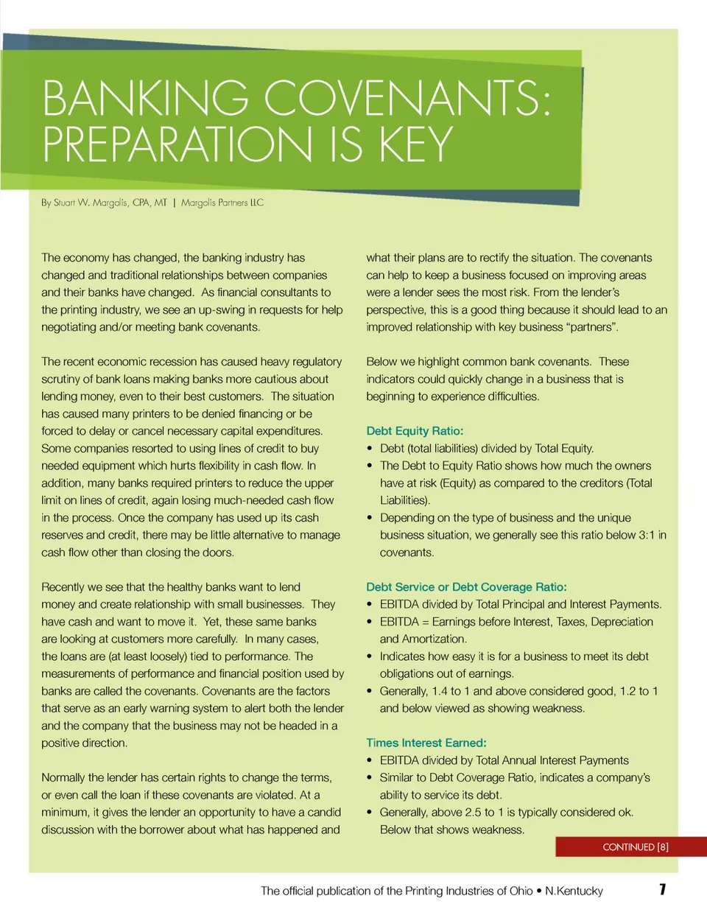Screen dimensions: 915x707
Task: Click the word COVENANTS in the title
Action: pyautogui.click(x=407, y=98)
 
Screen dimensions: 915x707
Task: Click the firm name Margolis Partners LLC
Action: pyautogui.click(x=222, y=203)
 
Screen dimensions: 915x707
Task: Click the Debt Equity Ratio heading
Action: pyautogui.click(x=415, y=431)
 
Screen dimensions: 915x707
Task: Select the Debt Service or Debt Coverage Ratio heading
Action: pyautogui.click(x=466, y=587)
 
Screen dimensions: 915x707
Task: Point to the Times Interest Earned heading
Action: pyautogui.click(x=426, y=743)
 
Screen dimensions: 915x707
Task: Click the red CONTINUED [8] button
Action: pyautogui.click(x=634, y=847)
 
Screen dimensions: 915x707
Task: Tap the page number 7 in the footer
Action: pyautogui.click(x=663, y=889)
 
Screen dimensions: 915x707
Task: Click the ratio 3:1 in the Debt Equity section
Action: pyautogui.click(x=646, y=535)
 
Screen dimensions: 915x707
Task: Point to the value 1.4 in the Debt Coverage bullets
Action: pyautogui.click(x=440, y=691)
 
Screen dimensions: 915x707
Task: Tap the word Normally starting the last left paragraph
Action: pyautogui.click(x=63, y=777)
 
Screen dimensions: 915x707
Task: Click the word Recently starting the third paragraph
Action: pyautogui.click(x=62, y=587)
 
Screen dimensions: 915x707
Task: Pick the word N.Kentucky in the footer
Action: pyautogui.click(x=574, y=891)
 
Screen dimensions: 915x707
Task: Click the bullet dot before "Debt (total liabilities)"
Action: pyautogui.click(x=370, y=449)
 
